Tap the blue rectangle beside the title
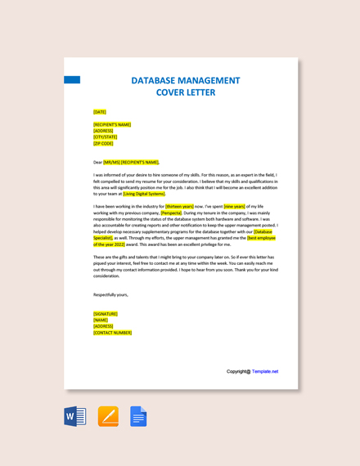[x=72, y=80]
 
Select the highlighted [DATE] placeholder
[x=100, y=112]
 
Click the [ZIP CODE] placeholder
[x=103, y=143]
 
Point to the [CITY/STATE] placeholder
[x=105, y=137]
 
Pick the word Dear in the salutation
[x=97, y=162]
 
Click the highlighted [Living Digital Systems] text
[x=144, y=194]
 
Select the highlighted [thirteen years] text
[x=179, y=207]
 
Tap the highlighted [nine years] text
[x=234, y=207]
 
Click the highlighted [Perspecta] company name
[x=171, y=213]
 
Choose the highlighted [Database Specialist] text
[x=264, y=231]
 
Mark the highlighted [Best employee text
[x=261, y=238]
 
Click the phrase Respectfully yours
[x=110, y=294]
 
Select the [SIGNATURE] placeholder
[x=106, y=314]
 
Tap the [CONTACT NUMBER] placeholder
[x=112, y=333]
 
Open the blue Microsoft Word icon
[x=75, y=416]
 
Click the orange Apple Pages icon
[x=108, y=416]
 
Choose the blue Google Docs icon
[x=138, y=416]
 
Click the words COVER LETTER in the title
[x=186, y=92]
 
